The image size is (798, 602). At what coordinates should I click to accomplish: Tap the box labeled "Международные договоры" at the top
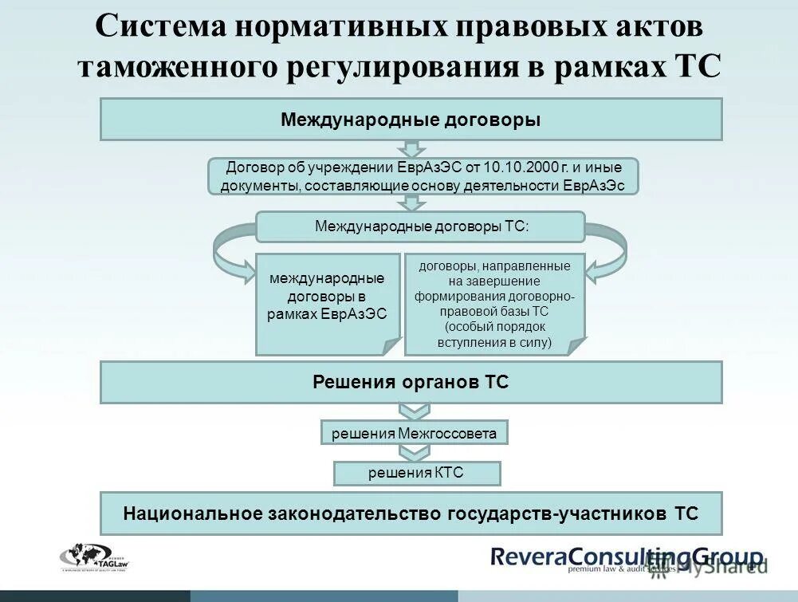pyautogui.click(x=411, y=120)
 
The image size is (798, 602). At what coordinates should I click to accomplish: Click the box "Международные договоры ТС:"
pyautogui.click(x=420, y=226)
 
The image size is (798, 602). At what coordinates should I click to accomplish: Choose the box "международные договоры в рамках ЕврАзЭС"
pyautogui.click(x=327, y=303)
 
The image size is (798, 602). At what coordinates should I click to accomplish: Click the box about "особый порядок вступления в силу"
pyautogui.click(x=494, y=303)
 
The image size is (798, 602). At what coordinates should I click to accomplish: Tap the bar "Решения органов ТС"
pyautogui.click(x=411, y=382)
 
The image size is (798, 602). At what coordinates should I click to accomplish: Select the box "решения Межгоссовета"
pyautogui.click(x=414, y=433)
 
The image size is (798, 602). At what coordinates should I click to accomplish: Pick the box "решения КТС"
pyautogui.click(x=416, y=474)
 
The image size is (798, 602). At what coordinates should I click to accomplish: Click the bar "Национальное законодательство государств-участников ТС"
pyautogui.click(x=411, y=513)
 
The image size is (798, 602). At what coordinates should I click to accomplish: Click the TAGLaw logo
pyautogui.click(x=94, y=556)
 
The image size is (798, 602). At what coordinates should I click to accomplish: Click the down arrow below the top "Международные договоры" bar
pyautogui.click(x=411, y=149)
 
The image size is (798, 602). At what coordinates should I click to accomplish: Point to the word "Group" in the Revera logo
pyautogui.click(x=721, y=557)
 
